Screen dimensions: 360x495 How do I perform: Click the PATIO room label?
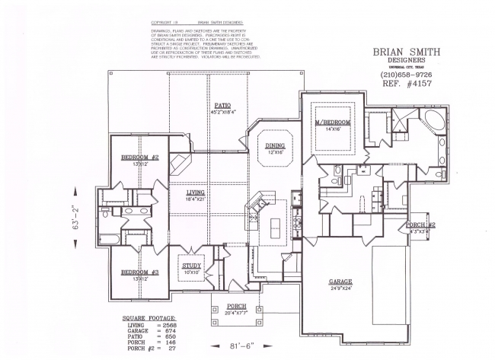222,106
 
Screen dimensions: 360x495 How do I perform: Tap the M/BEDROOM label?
332,123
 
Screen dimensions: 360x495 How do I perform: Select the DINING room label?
275,145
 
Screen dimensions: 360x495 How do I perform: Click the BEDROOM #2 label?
139,158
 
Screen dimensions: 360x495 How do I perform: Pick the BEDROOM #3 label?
139,272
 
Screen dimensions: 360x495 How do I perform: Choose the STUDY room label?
190,265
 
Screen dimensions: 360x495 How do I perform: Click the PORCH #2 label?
420,225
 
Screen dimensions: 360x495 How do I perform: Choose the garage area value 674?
171,330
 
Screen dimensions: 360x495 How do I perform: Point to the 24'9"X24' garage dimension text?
340,288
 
